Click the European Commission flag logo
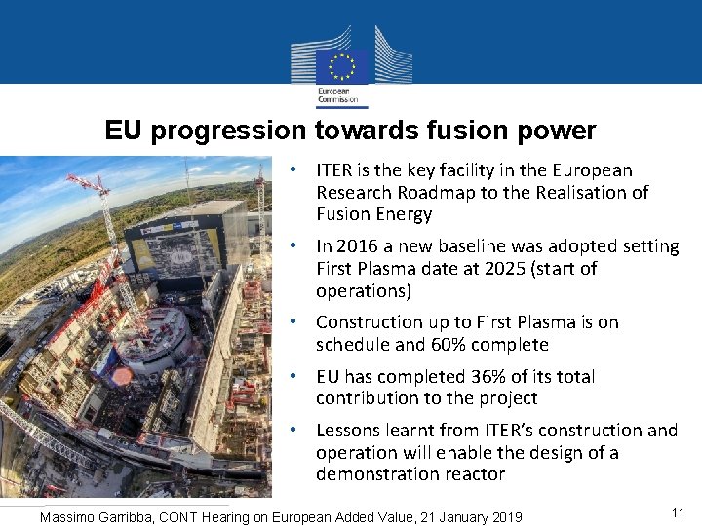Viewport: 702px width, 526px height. (342, 67)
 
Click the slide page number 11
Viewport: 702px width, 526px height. (679, 512)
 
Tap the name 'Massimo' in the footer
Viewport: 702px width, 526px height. (67, 517)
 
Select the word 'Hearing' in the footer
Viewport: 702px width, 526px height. (239, 517)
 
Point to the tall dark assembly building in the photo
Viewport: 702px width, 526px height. (185, 244)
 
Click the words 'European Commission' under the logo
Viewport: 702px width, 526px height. (336, 95)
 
